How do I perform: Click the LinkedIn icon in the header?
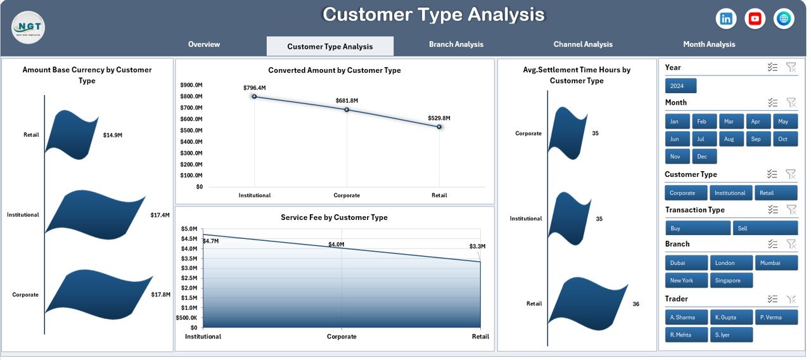coord(726,19)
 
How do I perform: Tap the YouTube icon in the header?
coord(755,19)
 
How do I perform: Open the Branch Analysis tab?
coord(456,44)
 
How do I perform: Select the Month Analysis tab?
coord(709,44)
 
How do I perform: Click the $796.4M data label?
coord(255,88)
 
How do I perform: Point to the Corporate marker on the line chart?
coord(347,110)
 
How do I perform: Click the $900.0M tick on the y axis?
coord(191,85)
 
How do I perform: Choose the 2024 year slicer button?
coord(680,86)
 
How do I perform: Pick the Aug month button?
coord(729,139)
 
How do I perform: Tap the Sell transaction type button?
coord(765,228)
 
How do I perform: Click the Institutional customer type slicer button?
coord(731,193)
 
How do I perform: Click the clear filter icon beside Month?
coord(791,103)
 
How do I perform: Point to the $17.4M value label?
coord(160,215)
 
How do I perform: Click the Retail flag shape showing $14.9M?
coord(72,132)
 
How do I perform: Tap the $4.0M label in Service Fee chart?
coord(336,245)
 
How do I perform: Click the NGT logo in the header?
coord(28,27)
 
